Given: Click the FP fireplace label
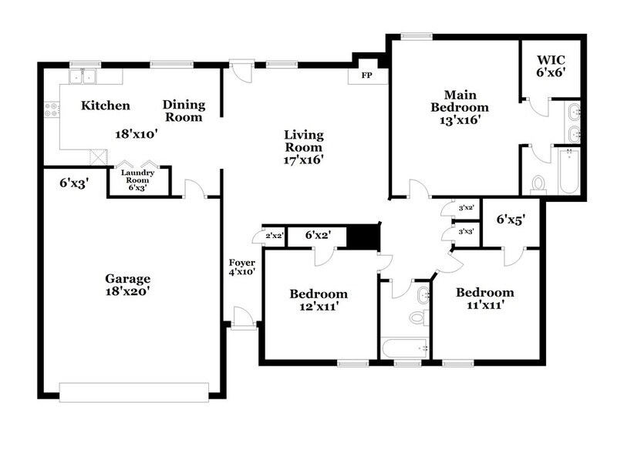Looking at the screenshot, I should coord(366,75).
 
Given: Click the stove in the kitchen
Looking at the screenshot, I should coord(52,111).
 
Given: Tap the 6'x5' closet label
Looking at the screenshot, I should coord(510,219).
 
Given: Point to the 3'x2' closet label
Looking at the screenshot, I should coord(465,209).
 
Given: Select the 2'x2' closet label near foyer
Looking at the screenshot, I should coord(273,236).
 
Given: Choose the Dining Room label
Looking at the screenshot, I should coord(183,112).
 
